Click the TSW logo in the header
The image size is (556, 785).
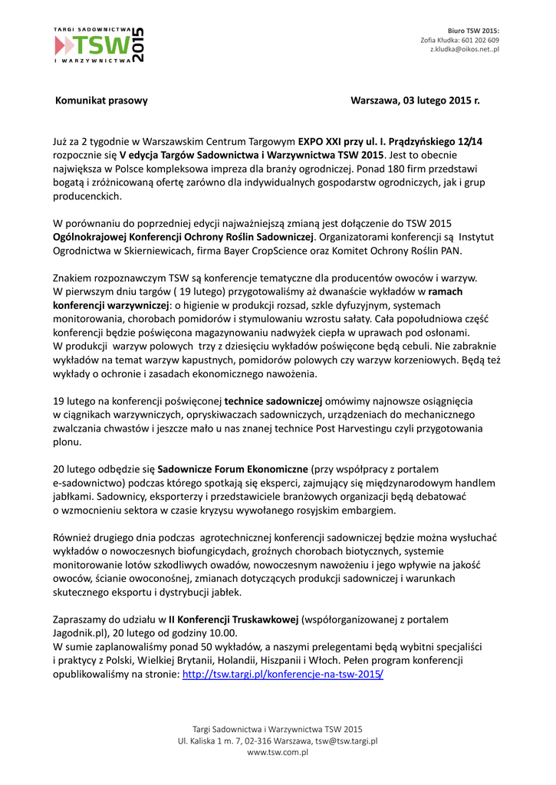click(x=98, y=45)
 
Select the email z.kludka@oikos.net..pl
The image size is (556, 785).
click(x=464, y=49)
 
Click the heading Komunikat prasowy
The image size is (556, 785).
click(x=101, y=100)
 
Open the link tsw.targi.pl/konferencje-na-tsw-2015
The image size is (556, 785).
click(x=283, y=675)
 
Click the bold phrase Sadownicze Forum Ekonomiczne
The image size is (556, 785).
click(x=234, y=468)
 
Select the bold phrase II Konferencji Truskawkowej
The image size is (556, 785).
click(x=234, y=619)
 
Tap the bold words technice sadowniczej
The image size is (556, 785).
click(x=274, y=400)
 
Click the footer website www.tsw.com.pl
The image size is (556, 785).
click(x=278, y=753)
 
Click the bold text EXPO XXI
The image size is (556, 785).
click(x=321, y=142)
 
